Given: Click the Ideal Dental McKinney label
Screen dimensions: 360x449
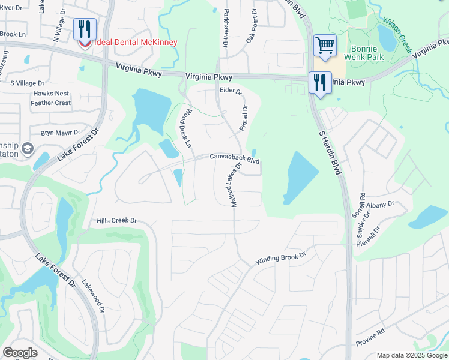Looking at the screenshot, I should (x=136, y=42).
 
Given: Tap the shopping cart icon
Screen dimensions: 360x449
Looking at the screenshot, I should (x=325, y=46).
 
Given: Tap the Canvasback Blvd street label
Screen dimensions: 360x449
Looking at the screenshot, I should (x=234, y=157).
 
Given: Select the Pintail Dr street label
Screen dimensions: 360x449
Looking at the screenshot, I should (x=244, y=118).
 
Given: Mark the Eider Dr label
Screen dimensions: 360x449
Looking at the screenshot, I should (x=231, y=91).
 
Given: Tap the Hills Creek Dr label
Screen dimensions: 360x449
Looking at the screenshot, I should (x=117, y=221).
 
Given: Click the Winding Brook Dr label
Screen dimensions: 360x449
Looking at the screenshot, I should (x=281, y=258).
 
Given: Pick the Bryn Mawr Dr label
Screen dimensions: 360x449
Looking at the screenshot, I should (x=60, y=133).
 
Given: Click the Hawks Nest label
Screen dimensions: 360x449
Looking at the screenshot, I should (x=52, y=94).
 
